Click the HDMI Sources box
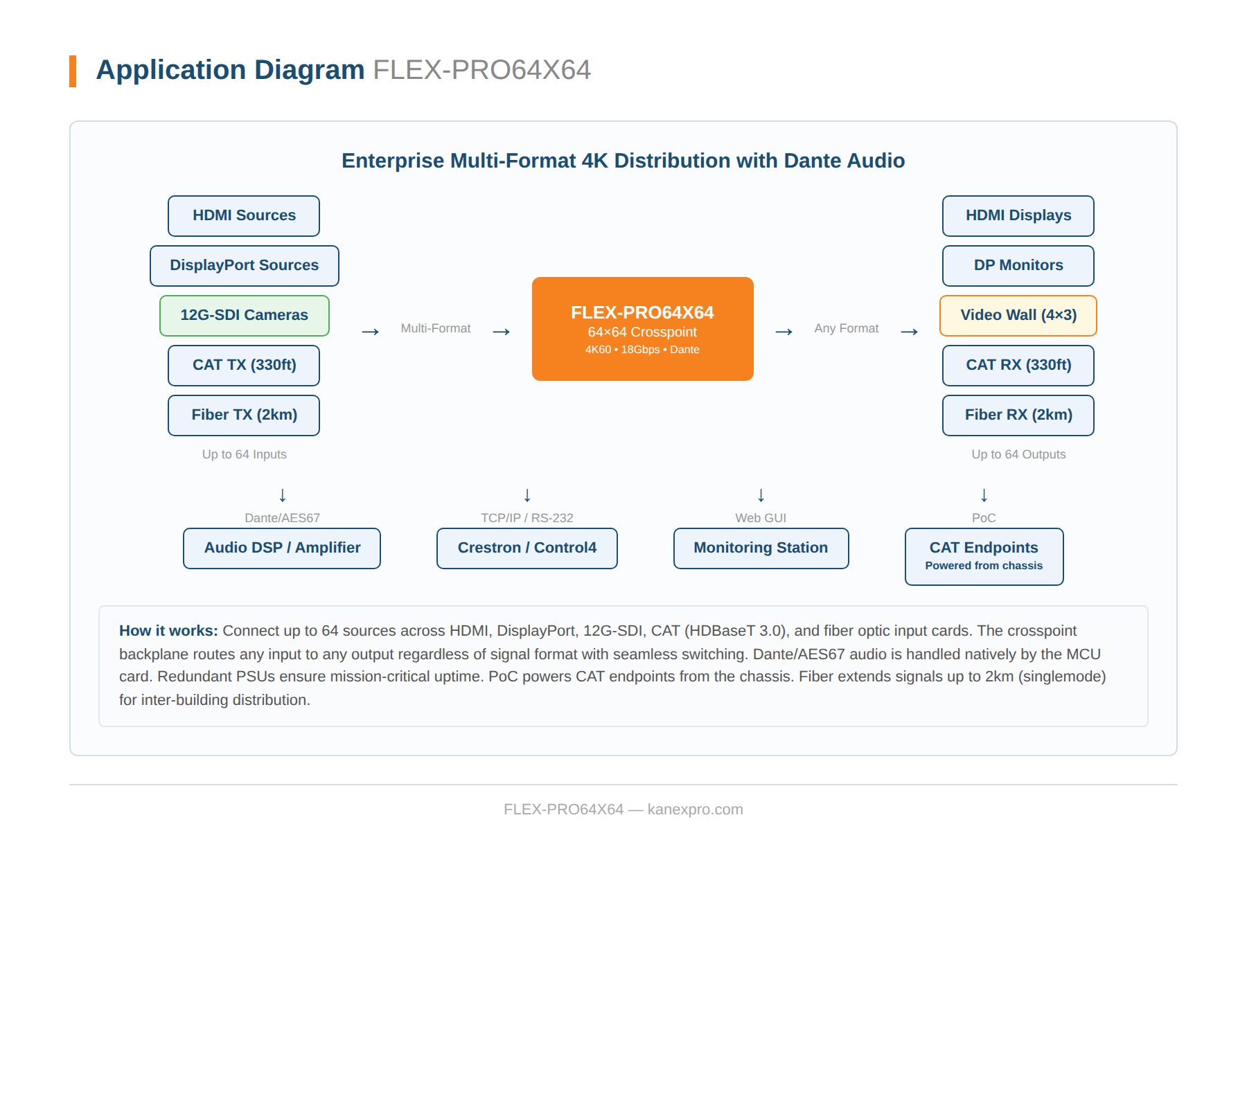pyautogui.click(x=244, y=216)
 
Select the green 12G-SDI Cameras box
pyautogui.click(x=244, y=316)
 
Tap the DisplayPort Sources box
pyautogui.click(x=244, y=266)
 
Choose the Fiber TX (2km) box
pyautogui.click(x=244, y=415)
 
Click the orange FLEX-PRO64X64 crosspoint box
pyautogui.click(x=642, y=329)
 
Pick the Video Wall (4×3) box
pyautogui.click(x=1018, y=316)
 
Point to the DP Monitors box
pyautogui.click(x=1018, y=266)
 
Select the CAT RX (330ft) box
pyautogui.click(x=1018, y=366)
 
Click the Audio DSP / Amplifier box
pyautogui.click(x=282, y=548)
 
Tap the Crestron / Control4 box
pyautogui.click(x=527, y=548)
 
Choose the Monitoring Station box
pyautogui.click(x=761, y=548)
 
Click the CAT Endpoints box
pyautogui.click(x=984, y=557)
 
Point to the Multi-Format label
pyautogui.click(x=435, y=328)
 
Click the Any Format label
pyautogui.click(x=846, y=328)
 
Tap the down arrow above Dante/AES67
pyautogui.click(x=283, y=495)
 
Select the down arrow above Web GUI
pyautogui.click(x=761, y=495)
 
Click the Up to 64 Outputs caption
pyautogui.click(x=1018, y=454)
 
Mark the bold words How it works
pyautogui.click(x=168, y=631)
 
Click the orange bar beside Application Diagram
pyautogui.click(x=73, y=71)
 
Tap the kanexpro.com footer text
pyautogui.click(x=695, y=810)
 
